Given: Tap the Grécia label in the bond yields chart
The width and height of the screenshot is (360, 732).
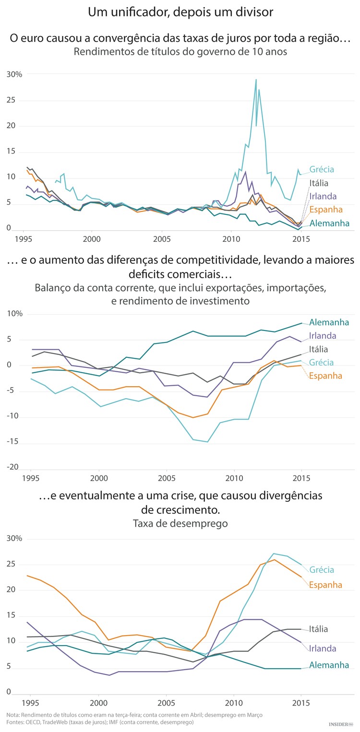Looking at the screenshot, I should (x=322, y=169).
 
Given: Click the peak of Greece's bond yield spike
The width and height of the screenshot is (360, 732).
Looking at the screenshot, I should (x=256, y=80).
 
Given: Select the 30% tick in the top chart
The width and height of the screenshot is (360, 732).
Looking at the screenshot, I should (x=14, y=74).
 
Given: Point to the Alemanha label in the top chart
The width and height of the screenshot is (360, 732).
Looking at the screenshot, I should (x=329, y=223).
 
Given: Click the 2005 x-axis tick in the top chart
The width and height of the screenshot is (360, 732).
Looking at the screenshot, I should (x=162, y=238).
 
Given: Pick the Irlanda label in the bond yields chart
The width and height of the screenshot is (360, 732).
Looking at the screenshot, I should (x=323, y=196).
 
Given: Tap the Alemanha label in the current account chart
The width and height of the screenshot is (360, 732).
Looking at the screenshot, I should (x=329, y=322).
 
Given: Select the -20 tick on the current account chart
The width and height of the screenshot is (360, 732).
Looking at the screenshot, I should (x=13, y=467).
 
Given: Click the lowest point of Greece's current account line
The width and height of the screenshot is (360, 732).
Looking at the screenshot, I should (x=207, y=442).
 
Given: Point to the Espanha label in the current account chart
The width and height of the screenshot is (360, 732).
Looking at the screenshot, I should (x=325, y=376).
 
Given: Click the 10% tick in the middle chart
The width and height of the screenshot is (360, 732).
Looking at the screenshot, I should (x=14, y=314).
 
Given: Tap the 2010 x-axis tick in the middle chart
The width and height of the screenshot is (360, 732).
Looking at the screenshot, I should (x=234, y=478).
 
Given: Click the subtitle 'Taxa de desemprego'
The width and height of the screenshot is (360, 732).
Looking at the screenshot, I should (x=180, y=523).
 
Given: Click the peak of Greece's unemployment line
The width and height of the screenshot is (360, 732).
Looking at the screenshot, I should (x=273, y=554).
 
